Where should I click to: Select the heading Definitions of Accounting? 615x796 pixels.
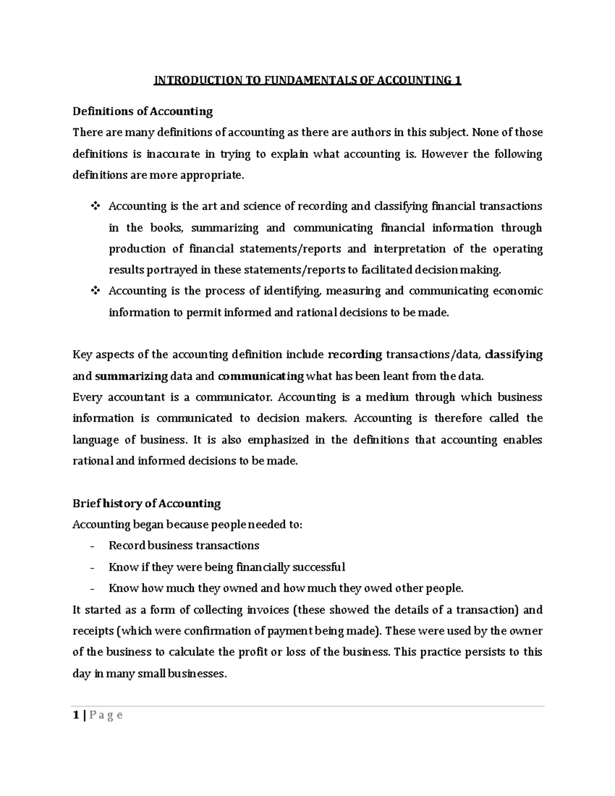click(142, 111)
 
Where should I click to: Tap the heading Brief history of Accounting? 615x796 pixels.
click(147, 503)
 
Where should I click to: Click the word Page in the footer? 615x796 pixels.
click(106, 715)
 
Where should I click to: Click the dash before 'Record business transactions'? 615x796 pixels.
click(92, 546)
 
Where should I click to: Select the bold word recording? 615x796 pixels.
click(355, 355)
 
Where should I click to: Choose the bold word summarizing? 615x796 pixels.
click(131, 376)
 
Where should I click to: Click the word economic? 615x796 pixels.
click(518, 291)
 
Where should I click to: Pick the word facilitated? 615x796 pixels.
click(386, 270)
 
